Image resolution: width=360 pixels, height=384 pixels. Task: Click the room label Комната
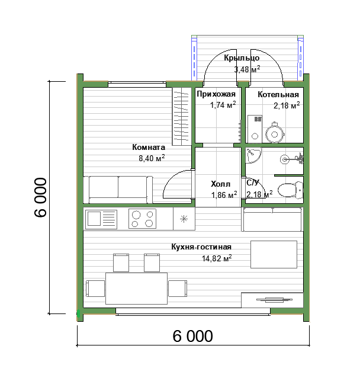[149, 147]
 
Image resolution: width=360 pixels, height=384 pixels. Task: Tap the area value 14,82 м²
[217, 258]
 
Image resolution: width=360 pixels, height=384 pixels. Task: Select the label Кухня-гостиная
[201, 247]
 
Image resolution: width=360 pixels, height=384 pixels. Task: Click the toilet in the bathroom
[291, 189]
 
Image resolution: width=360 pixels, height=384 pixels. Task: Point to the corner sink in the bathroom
[253, 155]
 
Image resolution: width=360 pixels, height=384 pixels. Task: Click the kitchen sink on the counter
[101, 219]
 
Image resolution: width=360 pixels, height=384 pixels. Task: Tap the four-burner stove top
[142, 219]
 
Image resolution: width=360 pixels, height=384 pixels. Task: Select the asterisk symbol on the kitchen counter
[184, 219]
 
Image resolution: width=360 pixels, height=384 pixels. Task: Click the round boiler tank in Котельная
[274, 133]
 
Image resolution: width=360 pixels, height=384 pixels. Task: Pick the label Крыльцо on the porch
[242, 58]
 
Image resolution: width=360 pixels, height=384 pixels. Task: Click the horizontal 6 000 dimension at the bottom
[192, 336]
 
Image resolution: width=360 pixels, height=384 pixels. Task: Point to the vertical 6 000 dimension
[40, 197]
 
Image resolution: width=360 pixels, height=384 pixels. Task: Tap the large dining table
[137, 288]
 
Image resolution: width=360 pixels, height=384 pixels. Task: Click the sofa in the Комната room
[118, 190]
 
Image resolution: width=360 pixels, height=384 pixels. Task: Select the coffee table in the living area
[274, 254]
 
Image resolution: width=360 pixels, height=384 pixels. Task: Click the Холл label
[220, 184]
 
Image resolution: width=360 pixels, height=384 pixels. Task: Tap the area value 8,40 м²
[152, 158]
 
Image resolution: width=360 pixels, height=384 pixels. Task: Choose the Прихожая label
[216, 94]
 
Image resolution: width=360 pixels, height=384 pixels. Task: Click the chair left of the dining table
[95, 289]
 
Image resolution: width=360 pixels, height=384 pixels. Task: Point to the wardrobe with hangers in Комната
[182, 116]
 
